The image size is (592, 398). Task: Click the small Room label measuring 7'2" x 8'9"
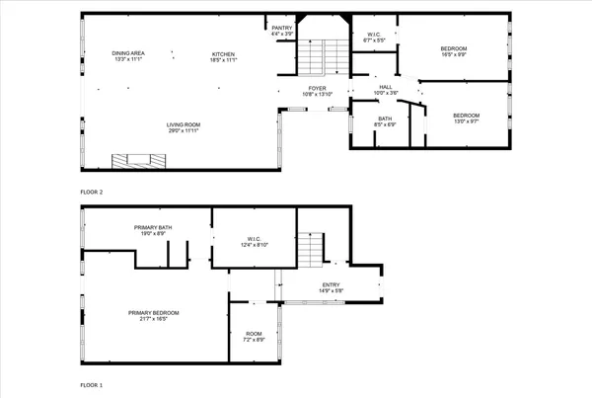coord(254,336)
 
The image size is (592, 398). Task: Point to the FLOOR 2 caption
coord(92,192)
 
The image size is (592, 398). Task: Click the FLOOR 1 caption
coord(92,385)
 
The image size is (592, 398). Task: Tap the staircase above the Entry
coord(313,247)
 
